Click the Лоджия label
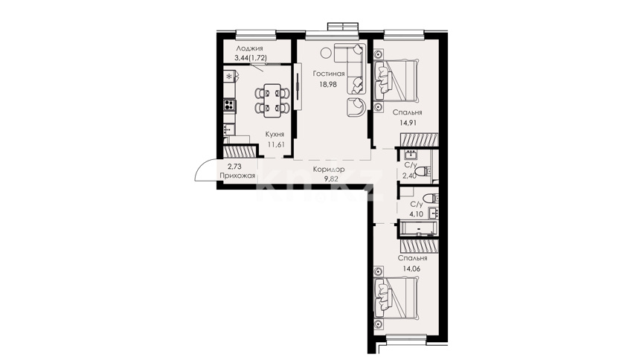click(249, 48)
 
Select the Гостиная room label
click(329, 74)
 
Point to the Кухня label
click(274, 134)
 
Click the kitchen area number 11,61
click(275, 144)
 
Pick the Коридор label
click(329, 169)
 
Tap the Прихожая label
click(237, 176)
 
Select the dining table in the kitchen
click(272, 100)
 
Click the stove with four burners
click(229, 106)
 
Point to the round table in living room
click(326, 53)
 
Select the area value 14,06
click(411, 269)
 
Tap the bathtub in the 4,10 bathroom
click(418, 229)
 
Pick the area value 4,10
click(416, 213)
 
